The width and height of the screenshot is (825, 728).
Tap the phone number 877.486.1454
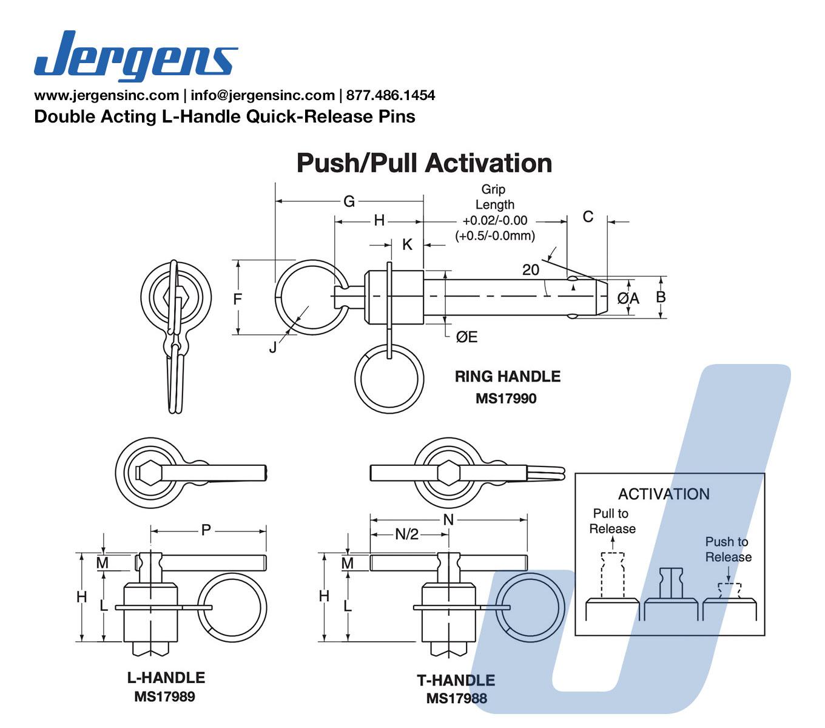click(x=391, y=95)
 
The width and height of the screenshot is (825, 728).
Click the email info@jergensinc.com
click(x=263, y=95)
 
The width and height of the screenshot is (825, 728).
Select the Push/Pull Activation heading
click(x=424, y=163)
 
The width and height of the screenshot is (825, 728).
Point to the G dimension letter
click(x=349, y=201)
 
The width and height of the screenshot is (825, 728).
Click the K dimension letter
click(x=408, y=244)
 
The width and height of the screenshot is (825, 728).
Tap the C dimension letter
click(x=588, y=217)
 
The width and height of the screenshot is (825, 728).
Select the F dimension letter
click(x=238, y=298)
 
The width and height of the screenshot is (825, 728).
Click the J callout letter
click(x=273, y=347)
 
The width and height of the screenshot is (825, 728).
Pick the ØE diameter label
click(x=466, y=337)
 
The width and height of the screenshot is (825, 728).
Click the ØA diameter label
click(x=628, y=298)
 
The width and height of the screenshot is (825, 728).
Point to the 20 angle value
click(x=531, y=270)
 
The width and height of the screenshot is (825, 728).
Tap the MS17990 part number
click(x=506, y=399)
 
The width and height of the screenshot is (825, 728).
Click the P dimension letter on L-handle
click(x=206, y=530)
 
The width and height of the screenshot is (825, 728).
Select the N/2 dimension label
click(x=407, y=534)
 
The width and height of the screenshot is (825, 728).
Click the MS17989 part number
click(x=164, y=696)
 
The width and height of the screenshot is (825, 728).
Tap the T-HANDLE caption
click(x=456, y=680)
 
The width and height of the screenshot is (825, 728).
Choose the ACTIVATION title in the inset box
click(x=664, y=494)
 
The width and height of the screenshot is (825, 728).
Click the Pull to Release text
click(x=612, y=521)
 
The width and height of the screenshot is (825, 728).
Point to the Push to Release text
click(x=728, y=549)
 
